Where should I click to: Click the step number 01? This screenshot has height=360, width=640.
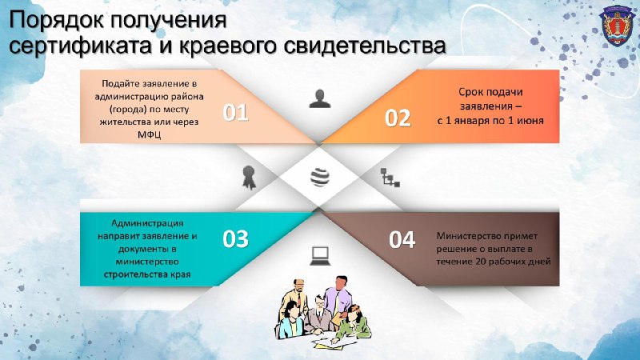(235, 112)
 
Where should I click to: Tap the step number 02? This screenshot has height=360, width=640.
(398, 118)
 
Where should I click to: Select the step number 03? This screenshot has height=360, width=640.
(235, 238)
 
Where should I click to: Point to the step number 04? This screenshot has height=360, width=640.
(402, 239)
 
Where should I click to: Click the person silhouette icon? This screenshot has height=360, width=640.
(320, 98)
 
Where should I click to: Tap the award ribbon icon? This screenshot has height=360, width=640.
(249, 177)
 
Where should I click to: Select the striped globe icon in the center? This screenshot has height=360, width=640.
(320, 177)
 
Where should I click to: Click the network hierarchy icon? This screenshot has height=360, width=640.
(390, 177)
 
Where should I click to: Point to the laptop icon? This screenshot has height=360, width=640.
(320, 255)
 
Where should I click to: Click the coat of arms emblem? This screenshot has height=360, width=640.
(617, 26)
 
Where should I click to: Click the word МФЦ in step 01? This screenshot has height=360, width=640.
(149, 134)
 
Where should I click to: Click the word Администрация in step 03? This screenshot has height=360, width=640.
(147, 223)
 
